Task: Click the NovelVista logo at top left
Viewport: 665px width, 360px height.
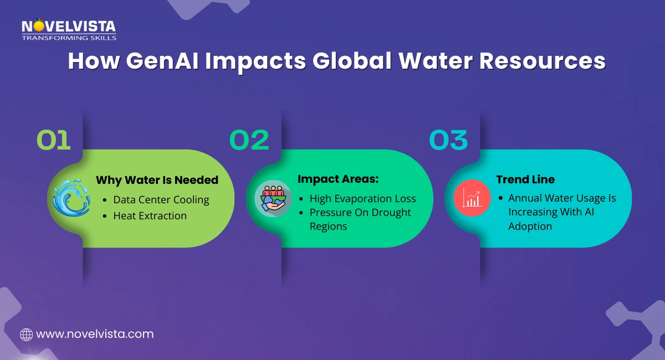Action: (x=69, y=29)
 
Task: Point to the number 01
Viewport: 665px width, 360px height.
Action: (x=54, y=140)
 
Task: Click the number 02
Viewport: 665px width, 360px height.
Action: (x=249, y=140)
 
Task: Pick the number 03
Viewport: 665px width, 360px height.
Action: (x=448, y=140)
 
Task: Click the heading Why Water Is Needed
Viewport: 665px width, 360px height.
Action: (x=157, y=180)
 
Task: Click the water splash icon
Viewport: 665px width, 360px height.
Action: (x=71, y=197)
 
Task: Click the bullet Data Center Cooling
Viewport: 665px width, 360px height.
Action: (x=161, y=200)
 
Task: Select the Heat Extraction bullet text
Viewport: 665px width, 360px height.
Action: (x=150, y=215)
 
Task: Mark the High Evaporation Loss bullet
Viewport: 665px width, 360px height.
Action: (x=362, y=198)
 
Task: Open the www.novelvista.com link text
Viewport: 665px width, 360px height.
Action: (x=94, y=334)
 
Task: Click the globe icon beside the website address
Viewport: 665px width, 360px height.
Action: (x=26, y=334)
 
